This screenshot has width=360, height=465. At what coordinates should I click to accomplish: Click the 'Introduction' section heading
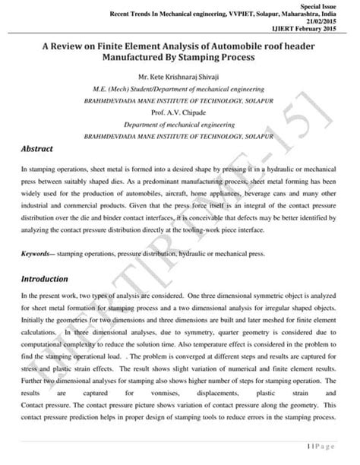46,279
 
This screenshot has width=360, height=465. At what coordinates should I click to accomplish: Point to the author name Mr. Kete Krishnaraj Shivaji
180,77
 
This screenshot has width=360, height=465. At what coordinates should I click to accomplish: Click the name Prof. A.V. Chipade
180,109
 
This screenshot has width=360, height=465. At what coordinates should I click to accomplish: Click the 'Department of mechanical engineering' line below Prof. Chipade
180,121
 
